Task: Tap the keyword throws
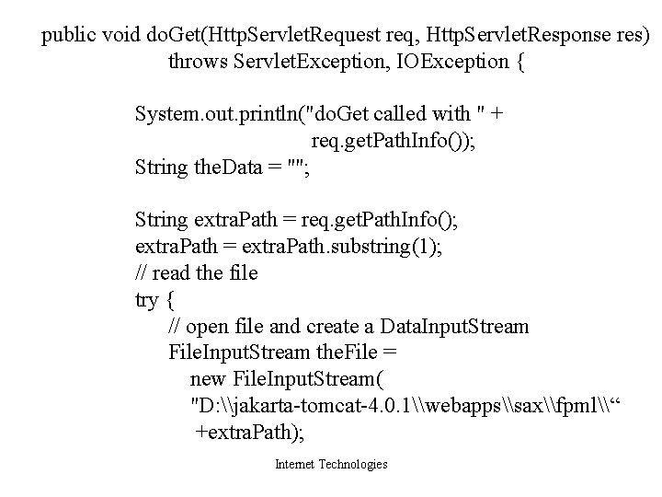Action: click(x=198, y=63)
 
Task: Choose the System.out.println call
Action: click(x=222, y=115)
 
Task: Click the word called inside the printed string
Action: click(x=400, y=115)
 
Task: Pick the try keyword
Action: click(x=147, y=300)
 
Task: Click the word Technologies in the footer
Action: click(x=353, y=465)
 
